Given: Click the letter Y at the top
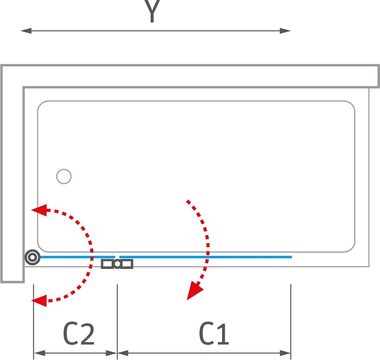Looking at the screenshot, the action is point(152,11).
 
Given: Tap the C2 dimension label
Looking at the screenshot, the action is point(79,334).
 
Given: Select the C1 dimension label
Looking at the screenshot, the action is point(214,334).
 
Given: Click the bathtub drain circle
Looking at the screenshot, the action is point(64,177).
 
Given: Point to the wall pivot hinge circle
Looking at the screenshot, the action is point(32,257).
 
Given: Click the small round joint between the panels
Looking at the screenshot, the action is point(117,264).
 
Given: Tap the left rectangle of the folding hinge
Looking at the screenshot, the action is point(107,264).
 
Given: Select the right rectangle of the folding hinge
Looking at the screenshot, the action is point(127,264).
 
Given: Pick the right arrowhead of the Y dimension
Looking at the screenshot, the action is point(285,31).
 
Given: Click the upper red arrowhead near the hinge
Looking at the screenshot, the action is point(39,210).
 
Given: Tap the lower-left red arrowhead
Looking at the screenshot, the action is point(39,301).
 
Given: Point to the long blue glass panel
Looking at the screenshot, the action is point(206,257).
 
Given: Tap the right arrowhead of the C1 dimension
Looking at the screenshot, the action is point(285,353).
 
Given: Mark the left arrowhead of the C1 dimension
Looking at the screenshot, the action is point(123,353).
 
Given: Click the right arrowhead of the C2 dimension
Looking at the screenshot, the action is point(112,353).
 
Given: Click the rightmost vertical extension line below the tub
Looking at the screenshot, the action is point(291,322).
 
